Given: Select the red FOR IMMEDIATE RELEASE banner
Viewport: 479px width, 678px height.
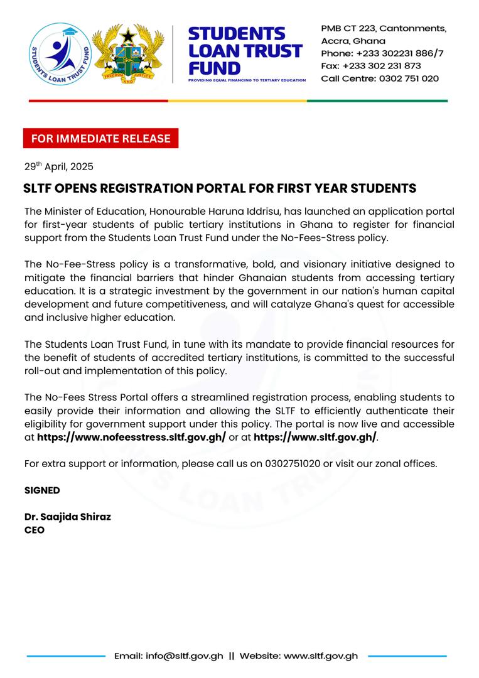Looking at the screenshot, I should click(x=100, y=138).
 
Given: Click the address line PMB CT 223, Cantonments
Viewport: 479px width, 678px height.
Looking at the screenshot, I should click(x=384, y=29).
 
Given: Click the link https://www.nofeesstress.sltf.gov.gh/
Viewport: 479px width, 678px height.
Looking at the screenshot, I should click(x=131, y=437).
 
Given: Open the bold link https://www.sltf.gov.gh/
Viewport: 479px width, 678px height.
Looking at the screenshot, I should click(x=315, y=437).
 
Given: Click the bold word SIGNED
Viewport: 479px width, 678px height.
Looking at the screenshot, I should click(x=42, y=490).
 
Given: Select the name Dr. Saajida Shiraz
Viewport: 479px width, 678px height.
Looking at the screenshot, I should click(x=67, y=517).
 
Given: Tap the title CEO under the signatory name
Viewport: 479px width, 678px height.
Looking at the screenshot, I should click(x=34, y=530).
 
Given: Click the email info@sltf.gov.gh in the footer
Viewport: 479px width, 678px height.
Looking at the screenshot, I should click(x=185, y=656).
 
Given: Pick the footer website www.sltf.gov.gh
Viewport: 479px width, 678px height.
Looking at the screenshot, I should click(x=321, y=656).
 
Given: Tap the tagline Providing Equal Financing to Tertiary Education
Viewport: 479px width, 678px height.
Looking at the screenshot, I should click(x=247, y=80).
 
